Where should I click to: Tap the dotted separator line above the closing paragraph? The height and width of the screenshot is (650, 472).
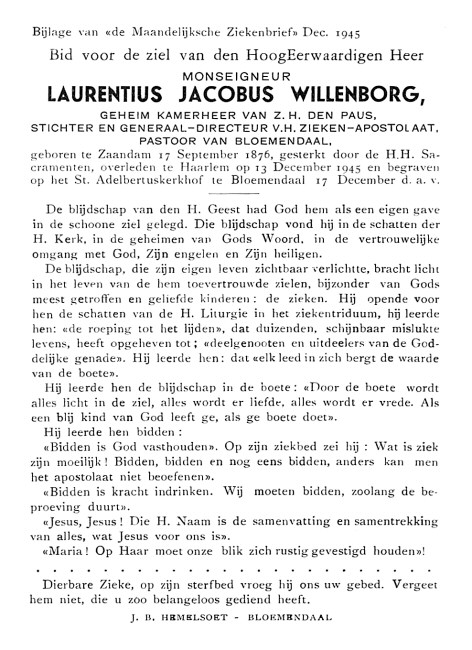[x=236, y=570]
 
